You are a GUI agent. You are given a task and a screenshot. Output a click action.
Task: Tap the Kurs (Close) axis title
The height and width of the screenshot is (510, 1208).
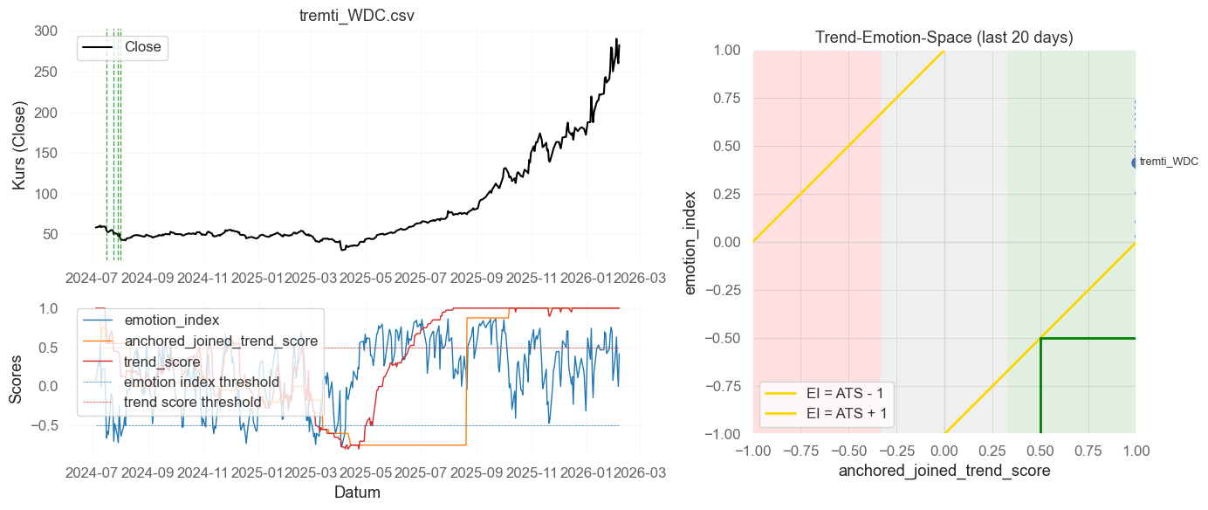click(20, 146)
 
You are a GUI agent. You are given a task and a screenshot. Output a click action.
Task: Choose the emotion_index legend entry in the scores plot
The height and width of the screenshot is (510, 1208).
click(171, 320)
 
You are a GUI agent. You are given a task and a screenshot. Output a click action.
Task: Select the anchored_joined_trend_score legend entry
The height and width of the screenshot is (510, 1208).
click(221, 341)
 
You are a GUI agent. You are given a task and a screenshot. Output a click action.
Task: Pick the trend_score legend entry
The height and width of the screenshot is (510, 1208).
click(162, 362)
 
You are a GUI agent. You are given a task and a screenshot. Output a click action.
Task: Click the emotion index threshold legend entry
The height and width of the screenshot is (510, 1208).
click(202, 382)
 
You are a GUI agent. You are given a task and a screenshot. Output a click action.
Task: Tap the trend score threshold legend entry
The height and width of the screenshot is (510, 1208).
click(193, 402)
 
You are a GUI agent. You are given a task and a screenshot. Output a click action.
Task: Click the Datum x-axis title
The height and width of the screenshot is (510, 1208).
click(357, 493)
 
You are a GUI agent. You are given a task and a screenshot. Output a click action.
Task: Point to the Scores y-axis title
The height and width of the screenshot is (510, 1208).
click(17, 385)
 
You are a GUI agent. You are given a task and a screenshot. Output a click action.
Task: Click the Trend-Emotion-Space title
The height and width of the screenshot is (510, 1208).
click(944, 38)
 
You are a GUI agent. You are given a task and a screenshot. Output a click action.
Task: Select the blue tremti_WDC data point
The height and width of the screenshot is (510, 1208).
click(1136, 162)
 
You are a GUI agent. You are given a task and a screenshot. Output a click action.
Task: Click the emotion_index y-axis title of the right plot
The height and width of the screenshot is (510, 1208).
click(691, 242)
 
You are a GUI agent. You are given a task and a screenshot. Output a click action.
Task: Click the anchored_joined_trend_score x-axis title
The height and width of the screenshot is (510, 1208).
click(944, 471)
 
